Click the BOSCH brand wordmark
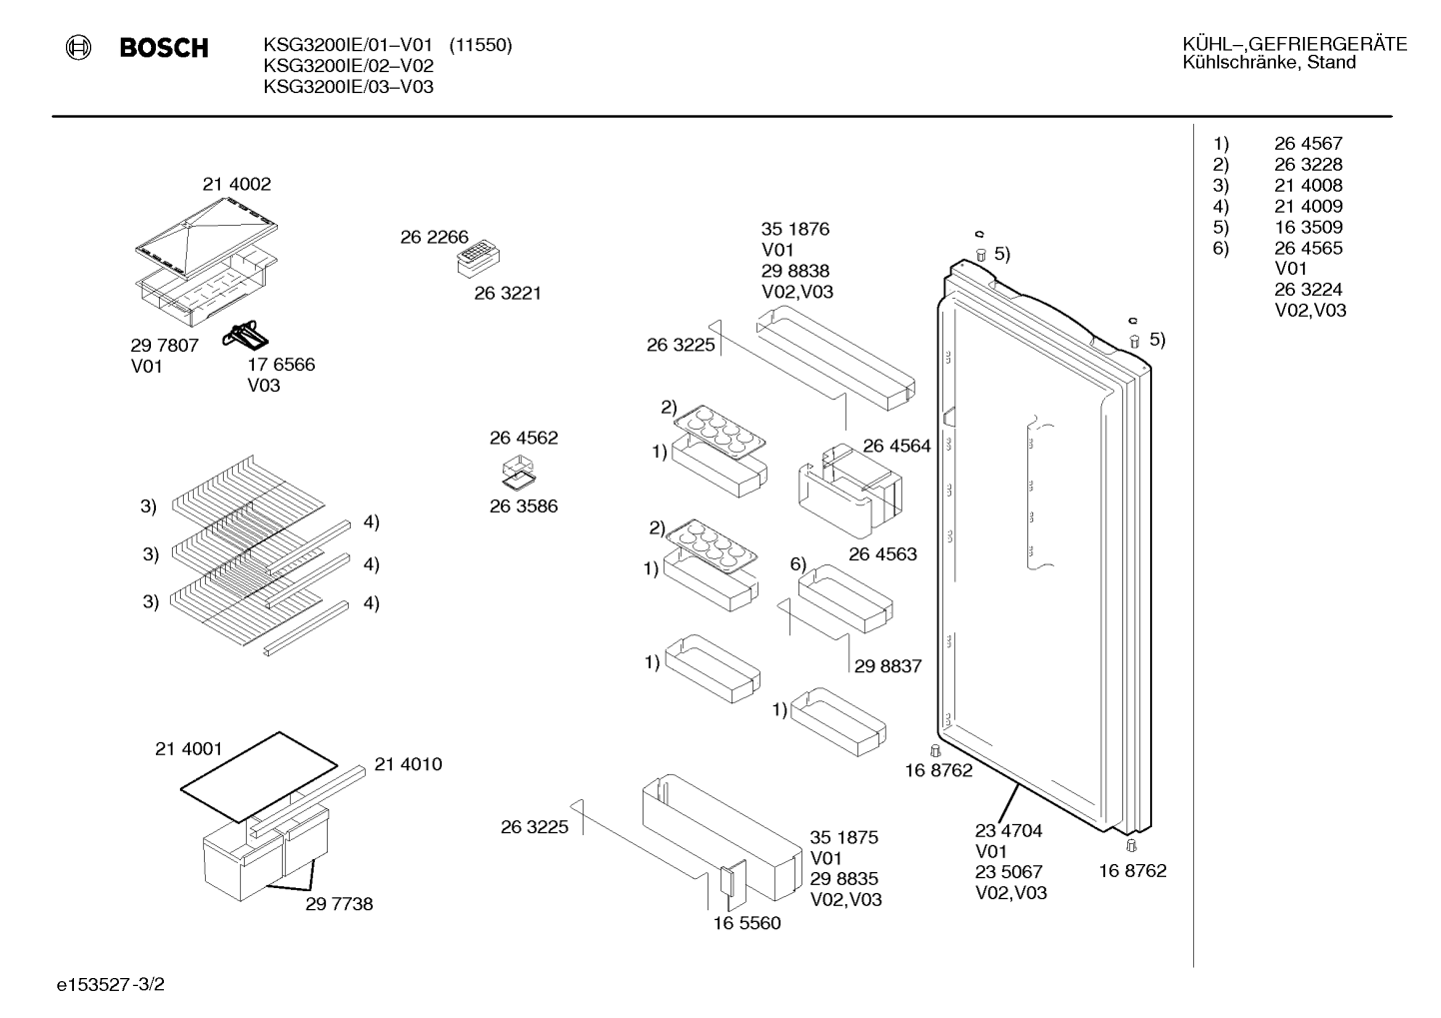[x=164, y=48]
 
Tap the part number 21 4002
[x=237, y=184]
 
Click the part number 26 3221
[x=508, y=293]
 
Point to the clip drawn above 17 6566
[x=245, y=335]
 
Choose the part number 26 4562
[x=524, y=438]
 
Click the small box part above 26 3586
[x=519, y=471]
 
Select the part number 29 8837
[x=887, y=665]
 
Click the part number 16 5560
[x=746, y=923]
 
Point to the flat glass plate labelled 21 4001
[x=259, y=777]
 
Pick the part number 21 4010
[x=408, y=764]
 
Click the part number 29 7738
[x=339, y=903]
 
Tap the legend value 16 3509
[x=1308, y=227]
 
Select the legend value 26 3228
[x=1308, y=164]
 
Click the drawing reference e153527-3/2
[x=111, y=985]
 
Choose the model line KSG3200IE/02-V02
[x=349, y=66]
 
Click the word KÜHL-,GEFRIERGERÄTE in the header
[x=1294, y=44]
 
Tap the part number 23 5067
[x=1008, y=871]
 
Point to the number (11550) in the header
[x=481, y=45]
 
